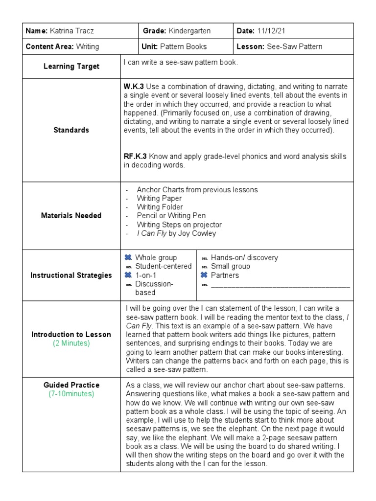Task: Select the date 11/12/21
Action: click(271, 31)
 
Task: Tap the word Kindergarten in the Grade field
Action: click(189, 31)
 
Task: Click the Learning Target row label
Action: click(71, 66)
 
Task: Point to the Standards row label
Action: click(71, 130)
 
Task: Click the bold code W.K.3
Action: click(134, 86)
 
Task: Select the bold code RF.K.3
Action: click(136, 157)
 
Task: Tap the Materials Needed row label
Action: click(71, 215)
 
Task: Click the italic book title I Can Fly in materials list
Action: click(152, 233)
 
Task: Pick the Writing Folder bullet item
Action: click(159, 207)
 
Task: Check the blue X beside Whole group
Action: click(128, 257)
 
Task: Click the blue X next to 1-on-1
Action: click(128, 275)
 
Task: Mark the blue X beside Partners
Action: click(204, 275)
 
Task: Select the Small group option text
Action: click(230, 266)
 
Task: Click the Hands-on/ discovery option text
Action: click(244, 257)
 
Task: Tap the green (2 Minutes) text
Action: click(71, 343)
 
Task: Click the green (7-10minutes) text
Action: click(71, 394)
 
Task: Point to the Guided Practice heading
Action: click(71, 385)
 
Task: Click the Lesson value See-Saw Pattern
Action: click(294, 46)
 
